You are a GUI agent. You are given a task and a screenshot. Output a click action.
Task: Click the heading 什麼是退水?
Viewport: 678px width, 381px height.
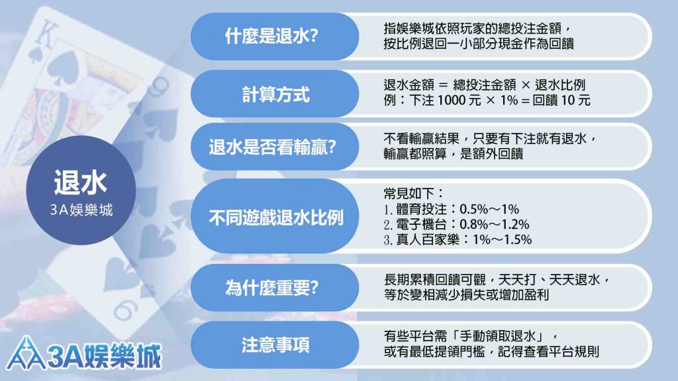[271, 36]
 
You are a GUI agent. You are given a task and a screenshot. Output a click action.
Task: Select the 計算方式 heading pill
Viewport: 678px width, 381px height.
[275, 94]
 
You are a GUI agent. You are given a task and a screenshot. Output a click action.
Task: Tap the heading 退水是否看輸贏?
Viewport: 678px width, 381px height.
[272, 147]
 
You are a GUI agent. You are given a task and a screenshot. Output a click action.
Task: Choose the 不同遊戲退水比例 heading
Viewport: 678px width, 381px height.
[276, 217]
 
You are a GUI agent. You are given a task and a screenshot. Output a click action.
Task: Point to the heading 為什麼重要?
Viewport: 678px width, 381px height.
[271, 287]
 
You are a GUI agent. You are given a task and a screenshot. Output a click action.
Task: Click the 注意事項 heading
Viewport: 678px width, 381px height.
[275, 345]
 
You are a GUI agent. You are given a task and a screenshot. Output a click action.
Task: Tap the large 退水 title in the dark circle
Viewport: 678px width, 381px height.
[80, 182]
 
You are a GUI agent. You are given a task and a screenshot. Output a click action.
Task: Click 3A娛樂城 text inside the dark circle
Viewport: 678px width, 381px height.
[81, 210]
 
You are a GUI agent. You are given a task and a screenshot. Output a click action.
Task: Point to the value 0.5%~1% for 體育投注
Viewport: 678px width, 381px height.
[489, 209]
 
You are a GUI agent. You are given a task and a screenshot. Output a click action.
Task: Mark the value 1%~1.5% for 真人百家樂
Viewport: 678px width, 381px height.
[502, 239]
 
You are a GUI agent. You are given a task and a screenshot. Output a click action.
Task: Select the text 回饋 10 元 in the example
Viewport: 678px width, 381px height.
[561, 101]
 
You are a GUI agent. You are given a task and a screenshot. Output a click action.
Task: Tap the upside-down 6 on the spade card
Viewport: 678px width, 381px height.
[126, 310]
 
